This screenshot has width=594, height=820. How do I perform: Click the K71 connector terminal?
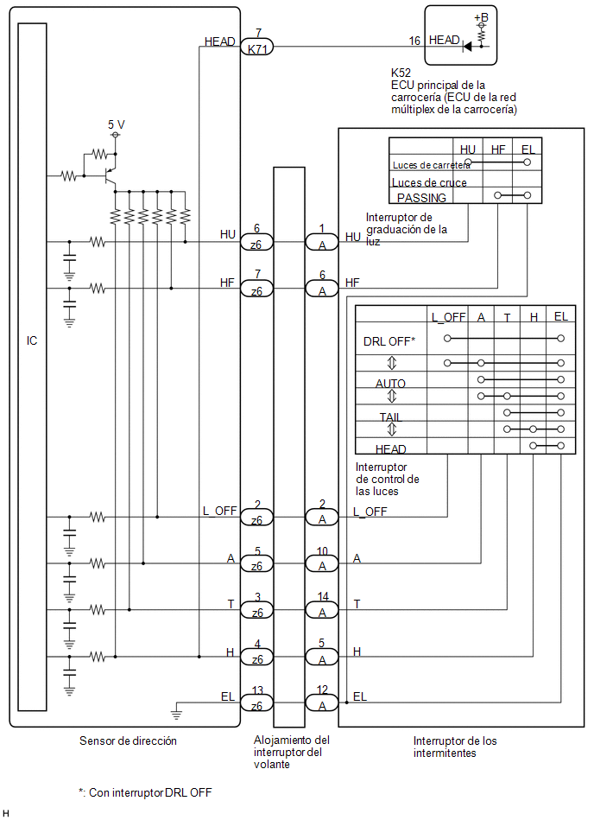point(257,48)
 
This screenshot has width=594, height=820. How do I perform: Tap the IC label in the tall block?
point(32,340)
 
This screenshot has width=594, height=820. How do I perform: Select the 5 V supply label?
point(116,124)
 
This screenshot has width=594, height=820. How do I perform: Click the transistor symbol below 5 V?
point(110,176)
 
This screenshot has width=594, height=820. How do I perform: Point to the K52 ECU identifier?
point(401,73)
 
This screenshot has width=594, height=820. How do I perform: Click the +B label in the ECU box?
point(481,18)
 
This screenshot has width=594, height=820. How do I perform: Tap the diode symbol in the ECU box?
point(467,47)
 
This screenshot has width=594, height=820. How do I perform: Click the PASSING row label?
point(421,198)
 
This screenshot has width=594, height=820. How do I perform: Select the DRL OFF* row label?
point(389,341)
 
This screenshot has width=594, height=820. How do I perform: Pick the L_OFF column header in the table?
point(448,317)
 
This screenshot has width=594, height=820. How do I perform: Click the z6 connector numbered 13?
point(256,702)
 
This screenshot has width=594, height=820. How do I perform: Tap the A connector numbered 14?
point(322,609)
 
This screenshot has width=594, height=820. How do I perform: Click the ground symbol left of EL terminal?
point(177,712)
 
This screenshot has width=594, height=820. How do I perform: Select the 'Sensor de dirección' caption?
point(128,741)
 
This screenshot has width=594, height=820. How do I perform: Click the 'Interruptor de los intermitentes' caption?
point(454,747)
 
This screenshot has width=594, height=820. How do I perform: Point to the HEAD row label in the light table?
point(391,449)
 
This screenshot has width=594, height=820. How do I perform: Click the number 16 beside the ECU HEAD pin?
point(414,41)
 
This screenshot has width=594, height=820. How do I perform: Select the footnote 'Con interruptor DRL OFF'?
point(145,792)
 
